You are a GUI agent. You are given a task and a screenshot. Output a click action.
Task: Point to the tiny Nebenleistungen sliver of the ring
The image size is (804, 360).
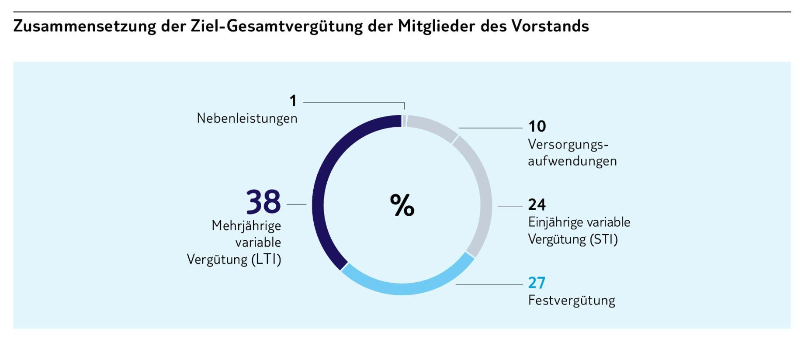point(404,121)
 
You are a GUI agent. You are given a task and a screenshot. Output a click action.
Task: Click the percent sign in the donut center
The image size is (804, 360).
point(402,205)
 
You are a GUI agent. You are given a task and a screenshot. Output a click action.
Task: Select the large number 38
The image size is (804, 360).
point(263,202)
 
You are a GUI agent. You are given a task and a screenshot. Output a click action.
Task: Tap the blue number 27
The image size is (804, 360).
point(537,283)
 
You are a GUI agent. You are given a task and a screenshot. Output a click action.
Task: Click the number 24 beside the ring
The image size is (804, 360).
point(537,204)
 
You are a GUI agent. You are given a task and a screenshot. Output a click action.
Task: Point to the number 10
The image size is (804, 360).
point(537,127)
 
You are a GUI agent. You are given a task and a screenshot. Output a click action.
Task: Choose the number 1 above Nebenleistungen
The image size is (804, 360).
point(293,101)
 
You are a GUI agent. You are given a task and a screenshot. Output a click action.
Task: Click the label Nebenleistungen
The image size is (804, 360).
point(247,118)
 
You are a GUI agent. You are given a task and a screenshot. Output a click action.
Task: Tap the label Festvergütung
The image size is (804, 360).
point(571,301)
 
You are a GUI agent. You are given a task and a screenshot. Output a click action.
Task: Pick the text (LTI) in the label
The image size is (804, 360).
point(266,260)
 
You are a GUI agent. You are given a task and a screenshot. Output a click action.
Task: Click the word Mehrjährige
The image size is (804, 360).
point(246,226)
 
